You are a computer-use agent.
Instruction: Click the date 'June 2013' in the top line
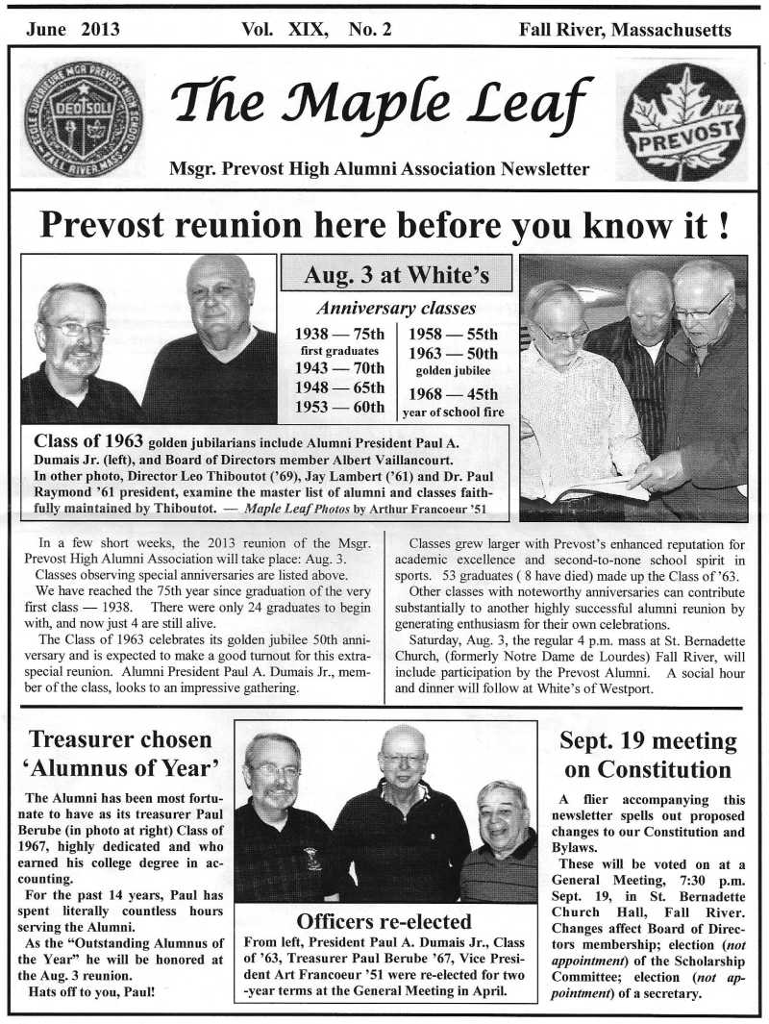pyautogui.click(x=73, y=30)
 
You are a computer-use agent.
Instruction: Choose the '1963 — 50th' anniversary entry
pyautogui.click(x=454, y=353)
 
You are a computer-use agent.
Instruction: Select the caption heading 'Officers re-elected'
pyautogui.click(x=384, y=920)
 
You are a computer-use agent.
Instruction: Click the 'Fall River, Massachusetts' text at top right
pyautogui.click(x=625, y=30)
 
